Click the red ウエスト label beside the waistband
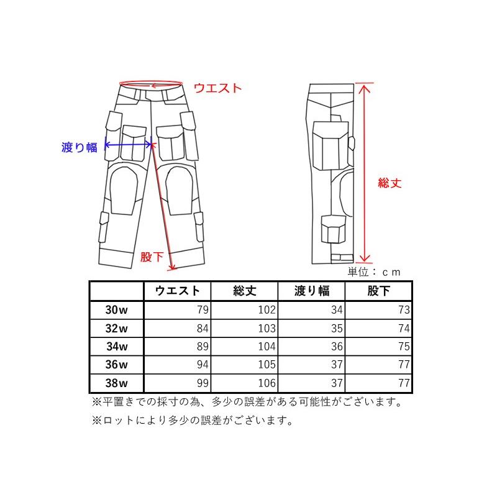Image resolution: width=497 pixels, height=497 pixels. point(218,88)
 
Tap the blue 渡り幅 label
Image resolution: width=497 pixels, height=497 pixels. point(80,147)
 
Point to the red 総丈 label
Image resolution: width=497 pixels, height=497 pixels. point(390,183)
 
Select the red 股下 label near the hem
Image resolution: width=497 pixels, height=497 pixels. point(152,257)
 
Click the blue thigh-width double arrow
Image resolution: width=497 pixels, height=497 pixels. point(129,145)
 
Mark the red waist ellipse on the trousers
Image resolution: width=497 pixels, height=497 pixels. point(151,83)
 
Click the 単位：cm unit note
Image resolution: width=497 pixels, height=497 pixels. point(374,272)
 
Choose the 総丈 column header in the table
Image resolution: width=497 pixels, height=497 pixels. point(245,291)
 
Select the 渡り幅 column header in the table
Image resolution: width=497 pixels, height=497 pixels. point(312,291)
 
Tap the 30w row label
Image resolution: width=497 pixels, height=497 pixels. point(116,309)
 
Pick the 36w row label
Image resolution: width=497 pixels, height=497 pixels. point(116,365)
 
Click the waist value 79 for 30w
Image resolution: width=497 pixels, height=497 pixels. point(203,309)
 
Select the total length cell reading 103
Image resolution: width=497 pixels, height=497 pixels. point(267,328)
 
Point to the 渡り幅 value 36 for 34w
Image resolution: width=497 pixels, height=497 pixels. point(337,347)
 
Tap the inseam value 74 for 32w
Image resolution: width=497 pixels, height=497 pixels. point(404,328)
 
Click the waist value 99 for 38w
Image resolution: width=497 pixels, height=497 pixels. point(203,383)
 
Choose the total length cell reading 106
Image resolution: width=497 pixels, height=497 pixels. point(267,383)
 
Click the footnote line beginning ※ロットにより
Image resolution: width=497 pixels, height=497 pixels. point(193,421)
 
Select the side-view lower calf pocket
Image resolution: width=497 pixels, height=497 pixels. point(334,229)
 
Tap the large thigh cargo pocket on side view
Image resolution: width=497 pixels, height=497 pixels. point(331,146)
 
